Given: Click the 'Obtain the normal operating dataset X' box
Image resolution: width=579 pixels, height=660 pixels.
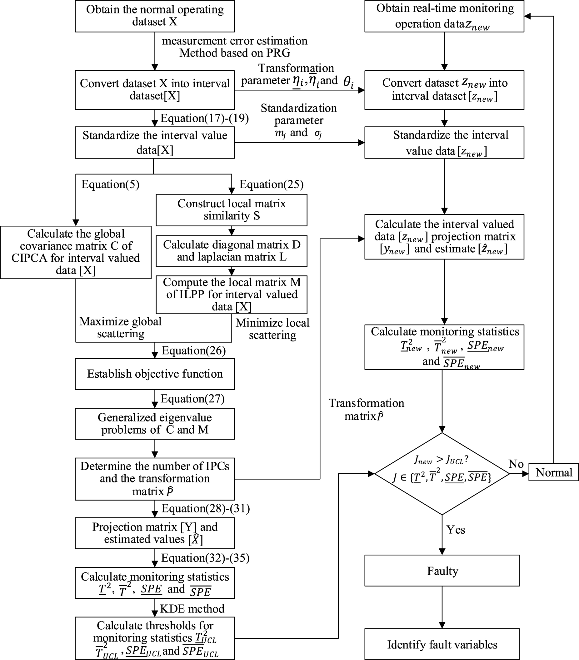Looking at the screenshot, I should coord(155,16).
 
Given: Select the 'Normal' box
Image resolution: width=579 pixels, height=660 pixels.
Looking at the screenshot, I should coord(553,472).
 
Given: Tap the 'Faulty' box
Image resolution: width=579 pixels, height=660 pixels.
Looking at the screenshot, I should coord(442,571).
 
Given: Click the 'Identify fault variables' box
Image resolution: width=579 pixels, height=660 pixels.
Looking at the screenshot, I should coord(442,644).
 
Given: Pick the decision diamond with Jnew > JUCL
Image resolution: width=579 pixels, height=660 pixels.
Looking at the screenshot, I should coord(442,473).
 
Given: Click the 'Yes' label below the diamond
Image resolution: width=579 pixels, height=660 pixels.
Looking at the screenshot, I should coord(455,530).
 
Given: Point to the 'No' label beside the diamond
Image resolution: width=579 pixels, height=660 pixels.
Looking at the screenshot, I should coord(516,464).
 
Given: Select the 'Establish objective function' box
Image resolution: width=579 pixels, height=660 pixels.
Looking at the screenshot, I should coord(155,374).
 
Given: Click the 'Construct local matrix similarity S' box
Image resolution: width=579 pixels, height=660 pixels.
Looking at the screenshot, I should coord(232,209).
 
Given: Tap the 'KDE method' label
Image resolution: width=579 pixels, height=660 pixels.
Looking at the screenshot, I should coord(192,609).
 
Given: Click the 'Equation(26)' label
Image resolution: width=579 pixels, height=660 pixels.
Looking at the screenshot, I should coord(194,350).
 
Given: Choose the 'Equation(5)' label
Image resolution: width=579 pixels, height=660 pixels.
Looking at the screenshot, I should coord(110,184).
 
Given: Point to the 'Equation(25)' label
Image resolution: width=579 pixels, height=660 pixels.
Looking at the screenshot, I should coord(272,184).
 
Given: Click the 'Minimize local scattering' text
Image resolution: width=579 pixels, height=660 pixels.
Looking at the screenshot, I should coord(272,329).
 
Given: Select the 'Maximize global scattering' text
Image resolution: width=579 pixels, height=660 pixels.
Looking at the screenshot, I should coord(120,327).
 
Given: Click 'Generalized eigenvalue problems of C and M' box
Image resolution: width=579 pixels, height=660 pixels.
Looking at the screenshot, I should coord(155,424).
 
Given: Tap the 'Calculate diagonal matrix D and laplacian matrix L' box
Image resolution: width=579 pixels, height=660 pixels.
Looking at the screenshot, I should coord(232,251).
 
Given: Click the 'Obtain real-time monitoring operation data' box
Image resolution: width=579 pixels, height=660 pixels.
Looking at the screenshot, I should coord(444,16).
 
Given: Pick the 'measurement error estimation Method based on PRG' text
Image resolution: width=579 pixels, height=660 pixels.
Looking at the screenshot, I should coord(235,47).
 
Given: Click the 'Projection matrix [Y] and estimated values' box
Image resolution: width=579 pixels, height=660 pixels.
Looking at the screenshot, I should coord(155,533).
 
